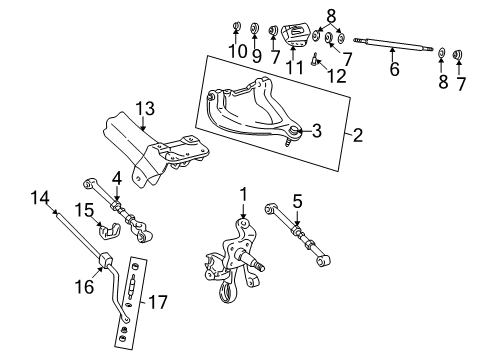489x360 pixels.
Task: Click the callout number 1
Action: click(x=242, y=192)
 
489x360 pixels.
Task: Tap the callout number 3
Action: click(x=317, y=128)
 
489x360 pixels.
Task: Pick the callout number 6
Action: click(x=393, y=71)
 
